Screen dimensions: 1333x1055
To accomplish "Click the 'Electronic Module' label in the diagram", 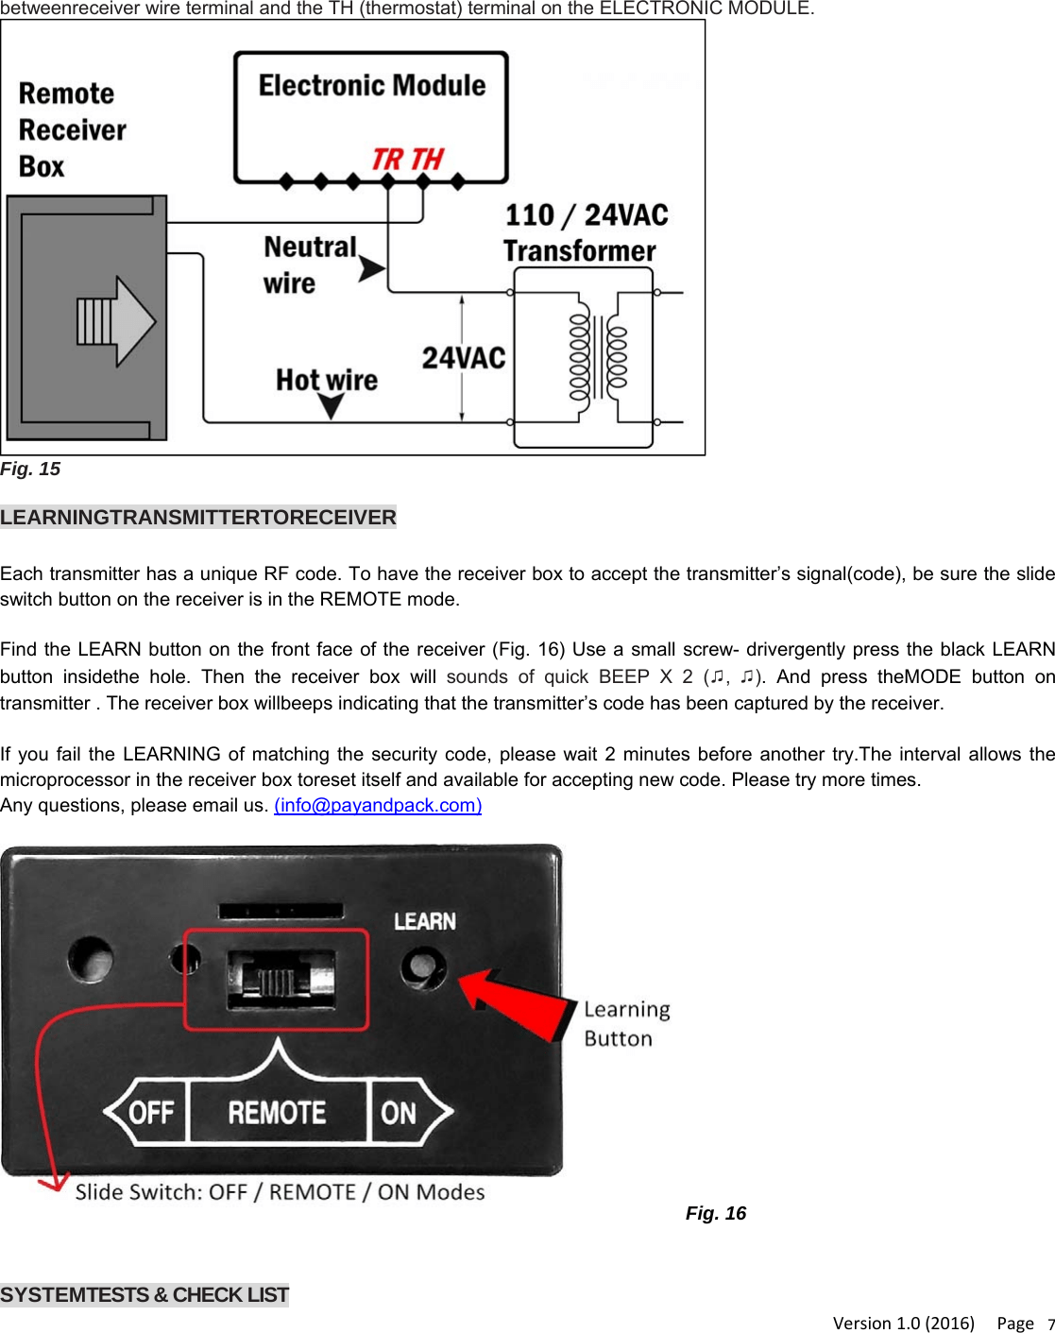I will coord(372,86).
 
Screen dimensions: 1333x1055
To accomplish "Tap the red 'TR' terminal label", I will coord(387,159).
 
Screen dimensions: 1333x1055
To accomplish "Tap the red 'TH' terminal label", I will coord(427,159).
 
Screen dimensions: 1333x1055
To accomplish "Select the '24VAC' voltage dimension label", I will coord(463,358).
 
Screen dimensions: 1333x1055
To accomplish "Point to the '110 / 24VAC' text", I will coord(587,215).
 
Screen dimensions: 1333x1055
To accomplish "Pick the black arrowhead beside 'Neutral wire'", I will coord(371,269).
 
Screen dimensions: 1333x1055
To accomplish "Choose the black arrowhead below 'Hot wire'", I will coord(331,406).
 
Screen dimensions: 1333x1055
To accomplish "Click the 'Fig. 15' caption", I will coord(30,470).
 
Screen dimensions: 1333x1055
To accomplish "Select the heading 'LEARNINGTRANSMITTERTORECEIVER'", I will coord(198,518).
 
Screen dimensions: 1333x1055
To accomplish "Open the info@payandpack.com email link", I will coord(378,805).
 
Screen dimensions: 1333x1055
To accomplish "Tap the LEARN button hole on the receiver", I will coord(421,968).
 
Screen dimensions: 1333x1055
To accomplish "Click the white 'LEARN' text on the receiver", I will coord(425,921).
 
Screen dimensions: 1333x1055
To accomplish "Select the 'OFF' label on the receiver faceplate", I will coord(151,1113).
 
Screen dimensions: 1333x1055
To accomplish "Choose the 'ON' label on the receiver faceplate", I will coord(399,1113).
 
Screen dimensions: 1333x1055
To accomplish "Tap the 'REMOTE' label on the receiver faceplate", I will coord(277,1113).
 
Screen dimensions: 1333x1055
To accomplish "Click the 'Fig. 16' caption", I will coord(715,1214).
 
